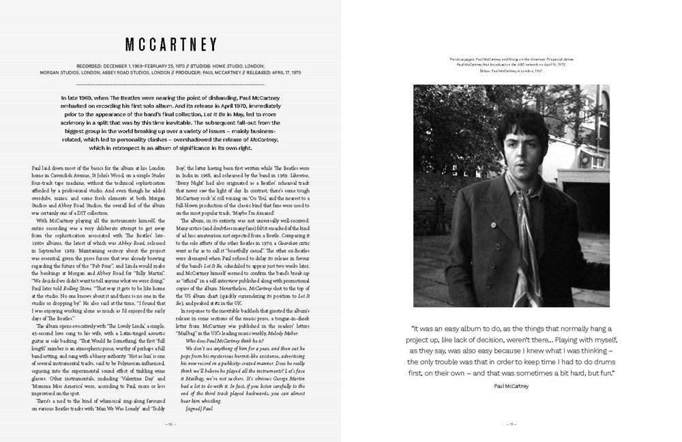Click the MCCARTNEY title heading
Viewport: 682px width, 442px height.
pos(170,44)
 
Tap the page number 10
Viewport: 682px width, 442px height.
pos(170,424)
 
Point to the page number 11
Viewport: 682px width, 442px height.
pos(512,424)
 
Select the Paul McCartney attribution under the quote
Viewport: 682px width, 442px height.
pos(512,386)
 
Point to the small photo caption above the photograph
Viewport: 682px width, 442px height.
pos(512,65)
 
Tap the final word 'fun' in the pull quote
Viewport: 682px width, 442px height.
pos(599,373)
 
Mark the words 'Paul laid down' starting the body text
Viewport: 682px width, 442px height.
pos(50,167)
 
